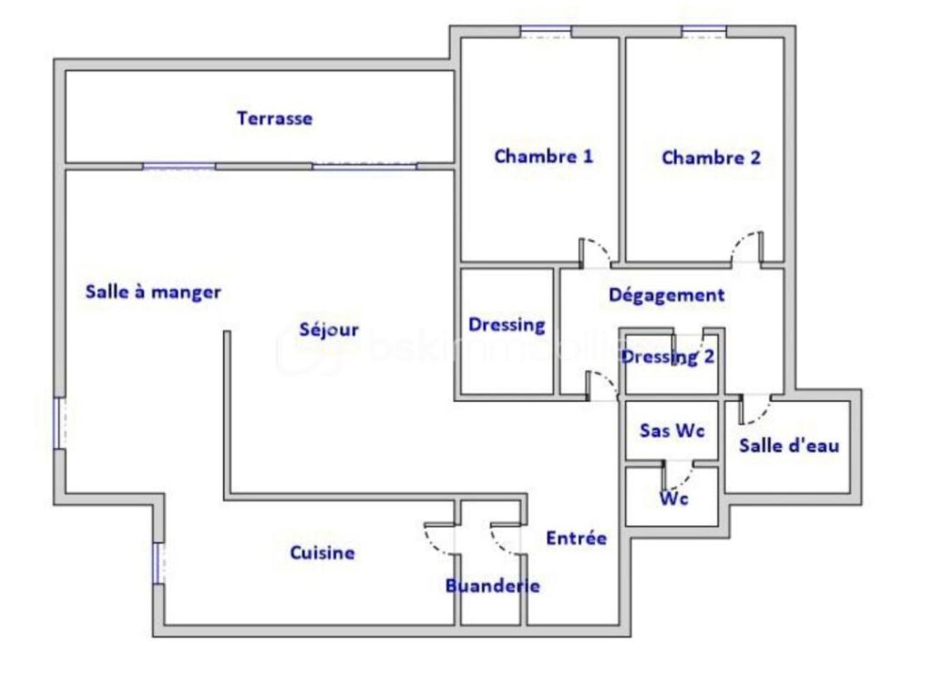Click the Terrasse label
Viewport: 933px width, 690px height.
point(274,118)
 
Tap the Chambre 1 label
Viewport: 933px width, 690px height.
point(543,156)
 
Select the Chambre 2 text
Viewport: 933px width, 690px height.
point(711,158)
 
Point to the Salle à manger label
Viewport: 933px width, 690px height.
point(153,293)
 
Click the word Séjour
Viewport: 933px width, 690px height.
point(329,330)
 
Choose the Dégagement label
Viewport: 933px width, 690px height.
point(666,295)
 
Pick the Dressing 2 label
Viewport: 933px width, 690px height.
point(668,357)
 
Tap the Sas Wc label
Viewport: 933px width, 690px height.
point(672,430)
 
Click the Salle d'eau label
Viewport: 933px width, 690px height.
point(788,446)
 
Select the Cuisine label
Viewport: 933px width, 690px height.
point(323,552)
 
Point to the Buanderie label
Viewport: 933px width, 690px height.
point(492,586)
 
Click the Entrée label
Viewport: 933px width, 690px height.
point(576,538)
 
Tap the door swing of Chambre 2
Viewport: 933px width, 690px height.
point(746,248)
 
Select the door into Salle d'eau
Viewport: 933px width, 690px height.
point(755,409)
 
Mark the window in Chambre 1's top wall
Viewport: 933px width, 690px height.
point(546,32)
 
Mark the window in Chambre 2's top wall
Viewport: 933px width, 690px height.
point(703,32)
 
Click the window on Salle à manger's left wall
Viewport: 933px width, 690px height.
point(59,423)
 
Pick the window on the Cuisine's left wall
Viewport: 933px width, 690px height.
point(158,562)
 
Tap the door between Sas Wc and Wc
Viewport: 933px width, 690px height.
point(676,475)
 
